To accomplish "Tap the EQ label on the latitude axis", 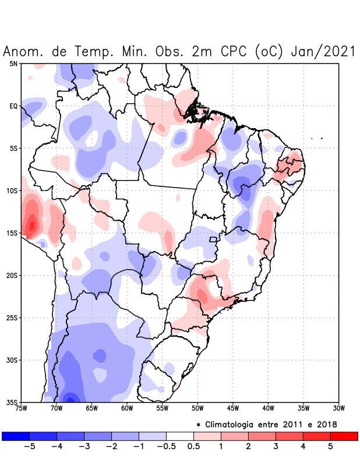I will (x=13, y=106).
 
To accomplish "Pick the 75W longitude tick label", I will (x=22, y=408).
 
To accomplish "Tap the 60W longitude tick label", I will (x=127, y=408).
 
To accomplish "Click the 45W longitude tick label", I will (x=233, y=408).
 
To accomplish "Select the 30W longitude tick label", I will (x=338, y=408).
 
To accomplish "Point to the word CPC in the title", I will (x=236, y=51).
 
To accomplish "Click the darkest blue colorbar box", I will (x=16, y=436).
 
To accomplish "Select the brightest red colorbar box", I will (x=344, y=436).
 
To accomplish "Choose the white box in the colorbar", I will (x=179, y=436).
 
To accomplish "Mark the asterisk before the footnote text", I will (x=199, y=423).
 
